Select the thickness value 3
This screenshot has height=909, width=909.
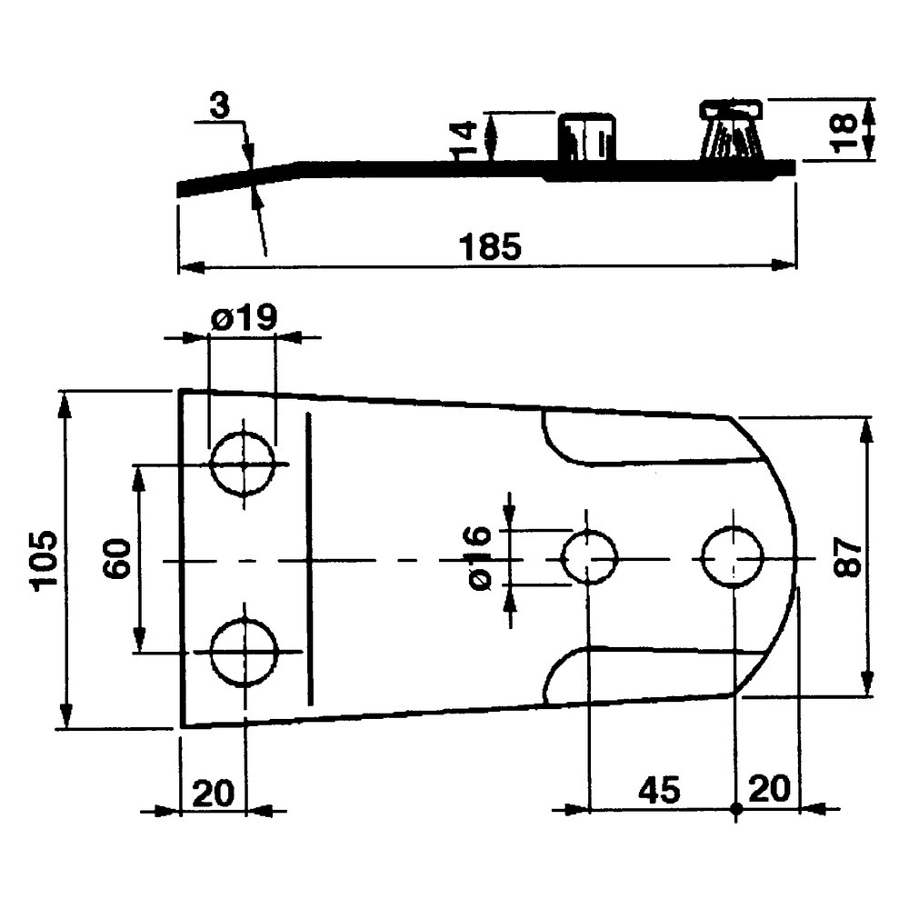pyautogui.click(x=219, y=107)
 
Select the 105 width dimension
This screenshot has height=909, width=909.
pyautogui.click(x=45, y=561)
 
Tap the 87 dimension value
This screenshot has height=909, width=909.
pyautogui.click(x=844, y=557)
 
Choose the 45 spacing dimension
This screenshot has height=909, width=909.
pyautogui.click(x=658, y=789)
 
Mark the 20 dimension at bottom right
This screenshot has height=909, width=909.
pyautogui.click(x=769, y=789)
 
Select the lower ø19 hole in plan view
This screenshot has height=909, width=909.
pyautogui.click(x=244, y=652)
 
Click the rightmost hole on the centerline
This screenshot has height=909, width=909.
pyautogui.click(x=733, y=556)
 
